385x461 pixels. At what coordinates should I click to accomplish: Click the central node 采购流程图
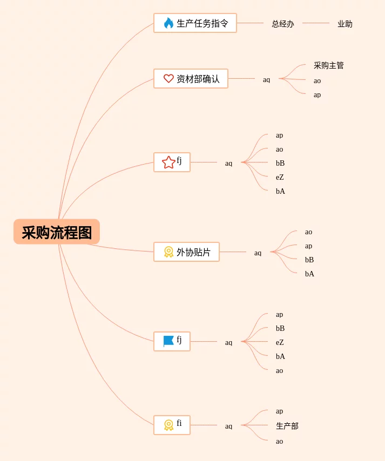pyautogui.click(x=57, y=232)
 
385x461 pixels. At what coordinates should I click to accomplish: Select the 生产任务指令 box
pyautogui.click(x=195, y=23)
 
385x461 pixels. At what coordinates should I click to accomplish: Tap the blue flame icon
pyautogui.click(x=168, y=23)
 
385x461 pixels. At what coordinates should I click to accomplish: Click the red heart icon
pyautogui.click(x=168, y=79)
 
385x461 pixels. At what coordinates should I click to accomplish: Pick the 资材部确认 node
pyautogui.click(x=191, y=79)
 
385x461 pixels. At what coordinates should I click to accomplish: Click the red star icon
pyautogui.click(x=168, y=162)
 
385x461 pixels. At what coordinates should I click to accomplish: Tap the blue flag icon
pyautogui.click(x=168, y=341)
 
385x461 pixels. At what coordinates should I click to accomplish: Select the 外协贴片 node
pyautogui.click(x=186, y=252)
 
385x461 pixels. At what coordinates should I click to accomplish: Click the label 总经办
pyautogui.click(x=282, y=24)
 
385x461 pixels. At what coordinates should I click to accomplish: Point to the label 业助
pyautogui.click(x=345, y=24)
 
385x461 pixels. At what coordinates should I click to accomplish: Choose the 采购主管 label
pyautogui.click(x=328, y=65)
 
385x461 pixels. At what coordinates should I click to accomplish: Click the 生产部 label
pyautogui.click(x=287, y=426)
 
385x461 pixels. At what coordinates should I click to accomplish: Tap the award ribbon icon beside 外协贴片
pyautogui.click(x=168, y=252)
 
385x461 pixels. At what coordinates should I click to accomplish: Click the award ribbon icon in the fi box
pyautogui.click(x=168, y=425)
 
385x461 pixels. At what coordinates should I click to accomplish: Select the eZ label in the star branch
pyautogui.click(x=280, y=177)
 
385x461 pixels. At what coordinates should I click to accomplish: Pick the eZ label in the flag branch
pyautogui.click(x=280, y=342)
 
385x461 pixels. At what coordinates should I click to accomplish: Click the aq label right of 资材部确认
pyautogui.click(x=266, y=79)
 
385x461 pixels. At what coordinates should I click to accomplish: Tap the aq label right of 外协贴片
pyautogui.click(x=258, y=253)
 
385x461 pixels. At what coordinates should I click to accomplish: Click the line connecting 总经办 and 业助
pyautogui.click(x=315, y=23)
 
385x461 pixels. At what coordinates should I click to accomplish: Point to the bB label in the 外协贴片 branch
pyautogui.click(x=309, y=260)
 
